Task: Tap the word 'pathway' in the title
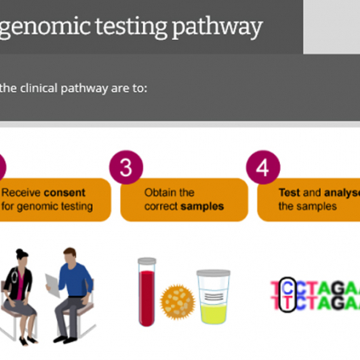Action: tap(218, 27)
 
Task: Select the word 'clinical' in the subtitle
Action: tap(38, 88)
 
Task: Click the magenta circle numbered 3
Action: tap(126, 167)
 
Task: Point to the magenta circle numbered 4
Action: tap(263, 167)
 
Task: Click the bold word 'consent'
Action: tap(64, 193)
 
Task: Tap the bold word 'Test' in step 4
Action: tap(289, 193)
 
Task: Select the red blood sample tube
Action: tap(146, 292)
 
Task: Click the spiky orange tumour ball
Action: tap(178, 302)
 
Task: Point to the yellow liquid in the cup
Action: tap(214, 314)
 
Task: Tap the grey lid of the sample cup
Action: tap(214, 273)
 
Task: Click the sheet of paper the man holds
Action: tap(52, 286)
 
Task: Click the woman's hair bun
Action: tap(19, 252)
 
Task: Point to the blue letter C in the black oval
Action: tap(288, 288)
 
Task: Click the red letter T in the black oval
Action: tap(288, 302)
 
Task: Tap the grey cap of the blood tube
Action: tap(147, 261)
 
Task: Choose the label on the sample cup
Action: tap(214, 296)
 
